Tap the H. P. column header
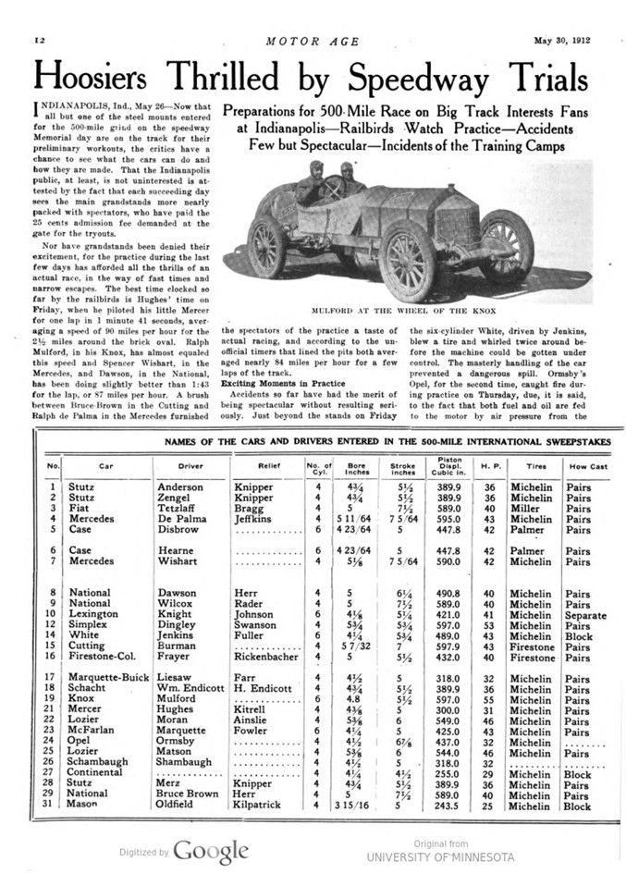tap(490, 465)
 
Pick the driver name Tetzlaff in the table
tap(179, 508)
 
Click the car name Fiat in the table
tap(78, 508)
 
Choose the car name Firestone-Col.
tap(100, 658)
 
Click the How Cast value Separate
tap(586, 615)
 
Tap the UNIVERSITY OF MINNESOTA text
tap(440, 857)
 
